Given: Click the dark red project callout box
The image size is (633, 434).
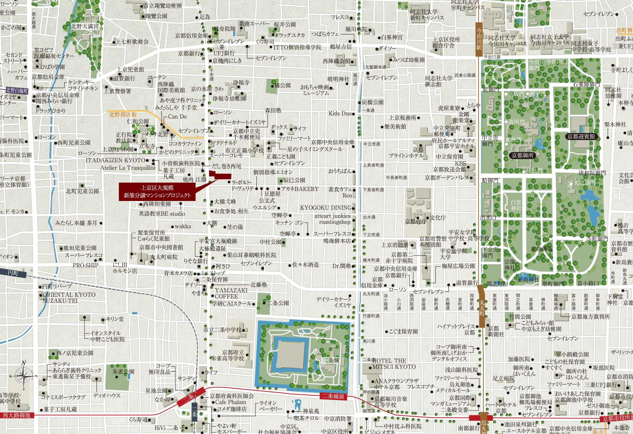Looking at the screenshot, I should pyautogui.click(x=157, y=191).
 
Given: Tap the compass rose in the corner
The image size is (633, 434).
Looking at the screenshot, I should pyautogui.click(x=24, y=377).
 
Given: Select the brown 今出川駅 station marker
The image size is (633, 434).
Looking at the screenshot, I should pyautogui.click(x=479, y=39).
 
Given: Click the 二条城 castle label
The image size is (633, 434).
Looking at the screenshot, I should pyautogui.click(x=331, y=360).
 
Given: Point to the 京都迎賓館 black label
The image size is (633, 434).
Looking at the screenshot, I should pyautogui.click(x=581, y=136).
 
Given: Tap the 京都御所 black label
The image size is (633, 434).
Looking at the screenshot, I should pyautogui.click(x=523, y=155).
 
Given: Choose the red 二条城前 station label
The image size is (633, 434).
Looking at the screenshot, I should pyautogui.click(x=333, y=396).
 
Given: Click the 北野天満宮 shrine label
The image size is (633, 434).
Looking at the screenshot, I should pyautogui.click(x=85, y=26).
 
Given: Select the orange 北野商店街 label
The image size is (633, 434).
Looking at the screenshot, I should pyautogui.click(x=123, y=114).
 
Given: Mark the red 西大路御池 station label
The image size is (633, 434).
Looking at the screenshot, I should pyautogui.click(x=16, y=415).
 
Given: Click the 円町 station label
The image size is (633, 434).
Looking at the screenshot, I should pyautogui.click(x=13, y=273).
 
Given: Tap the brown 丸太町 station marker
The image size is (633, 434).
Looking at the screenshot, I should pyautogui.click(x=482, y=306).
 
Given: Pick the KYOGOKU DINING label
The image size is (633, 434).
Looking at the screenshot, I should pyautogui.click(x=326, y=208).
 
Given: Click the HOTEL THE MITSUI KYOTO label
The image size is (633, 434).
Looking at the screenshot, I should pyautogui.click(x=394, y=364).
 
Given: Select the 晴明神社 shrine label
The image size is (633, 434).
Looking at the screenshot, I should pyautogui.click(x=338, y=79).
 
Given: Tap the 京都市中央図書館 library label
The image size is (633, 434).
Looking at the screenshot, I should pyautogui.click(x=161, y=247).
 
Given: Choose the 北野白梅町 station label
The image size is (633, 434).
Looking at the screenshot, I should pyautogui.click(x=17, y=91).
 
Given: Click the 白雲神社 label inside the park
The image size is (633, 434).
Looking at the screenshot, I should pyautogui.click(x=516, y=205).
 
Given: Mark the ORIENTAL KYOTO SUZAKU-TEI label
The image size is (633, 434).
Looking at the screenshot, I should pyautogui.click(x=69, y=298).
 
